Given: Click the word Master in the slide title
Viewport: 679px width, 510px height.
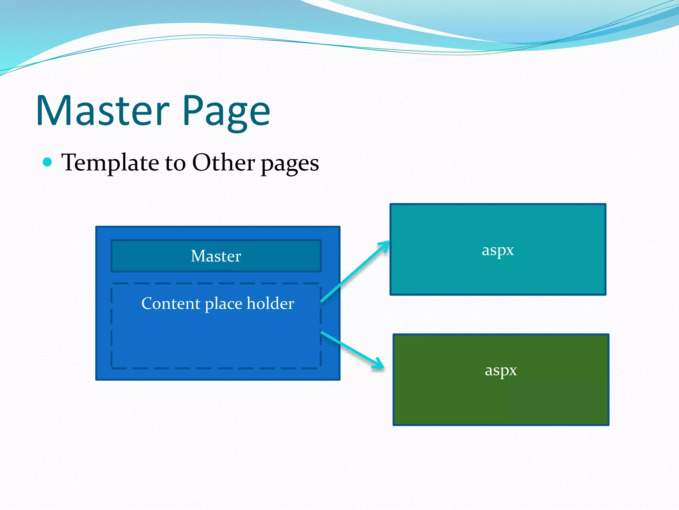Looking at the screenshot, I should click(103, 111).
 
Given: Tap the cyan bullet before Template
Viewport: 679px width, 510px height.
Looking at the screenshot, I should click(48, 162).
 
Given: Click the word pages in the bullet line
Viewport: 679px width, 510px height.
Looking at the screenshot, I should click(290, 164).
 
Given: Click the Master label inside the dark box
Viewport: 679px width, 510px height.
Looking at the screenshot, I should click(216, 256).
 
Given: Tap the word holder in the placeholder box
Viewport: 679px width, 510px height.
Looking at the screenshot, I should click(270, 303).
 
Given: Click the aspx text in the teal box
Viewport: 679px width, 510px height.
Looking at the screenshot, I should click(498, 250).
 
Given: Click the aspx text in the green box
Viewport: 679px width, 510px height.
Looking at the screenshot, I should click(501, 370).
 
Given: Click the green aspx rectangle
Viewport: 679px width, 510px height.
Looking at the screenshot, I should click(501, 398).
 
